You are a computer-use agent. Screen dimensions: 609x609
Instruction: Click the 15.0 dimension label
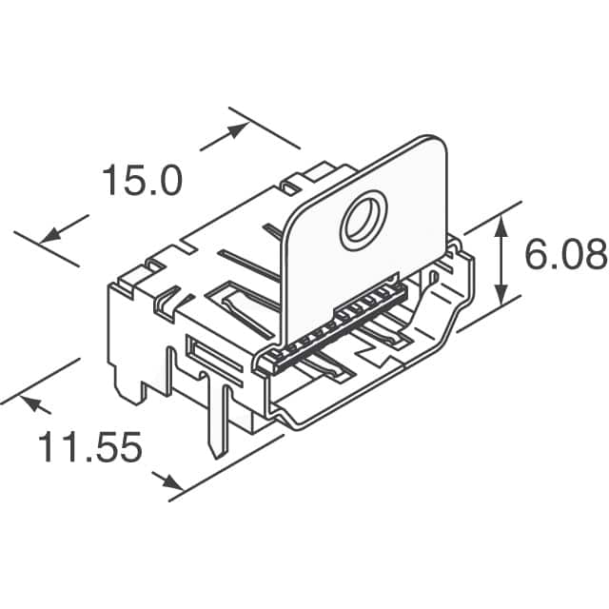click(x=141, y=180)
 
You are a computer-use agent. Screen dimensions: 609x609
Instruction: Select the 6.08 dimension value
click(x=565, y=254)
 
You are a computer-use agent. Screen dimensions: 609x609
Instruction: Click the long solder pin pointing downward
click(x=220, y=419)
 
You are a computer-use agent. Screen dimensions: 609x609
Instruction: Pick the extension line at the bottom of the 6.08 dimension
click(x=490, y=312)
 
